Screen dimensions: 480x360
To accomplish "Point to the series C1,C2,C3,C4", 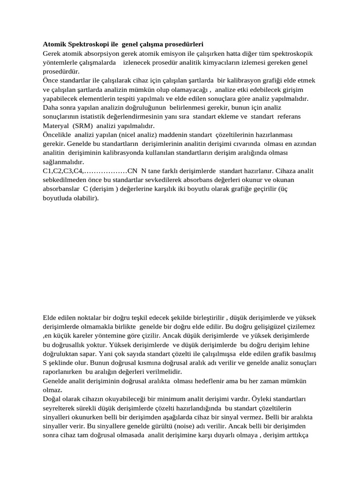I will pos(62,171).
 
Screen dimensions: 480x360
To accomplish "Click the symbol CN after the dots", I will pos(133,171).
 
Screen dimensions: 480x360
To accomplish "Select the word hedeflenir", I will pos(207,380).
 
